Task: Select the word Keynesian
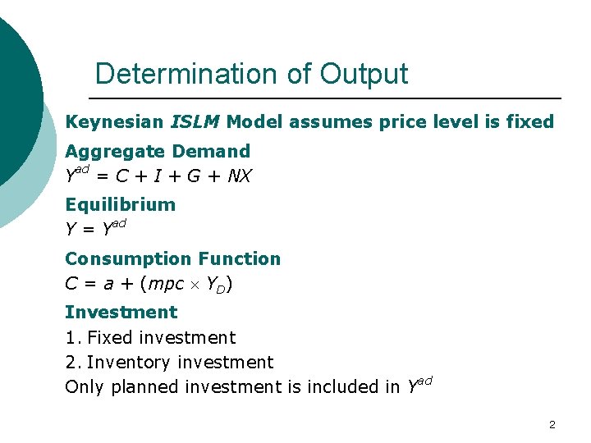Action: point(114,122)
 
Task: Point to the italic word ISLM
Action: point(195,122)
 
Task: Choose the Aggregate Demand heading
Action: point(158,151)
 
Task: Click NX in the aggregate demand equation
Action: point(240,176)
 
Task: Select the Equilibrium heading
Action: point(120,204)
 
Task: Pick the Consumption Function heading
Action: point(172,258)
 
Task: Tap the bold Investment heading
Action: point(121,312)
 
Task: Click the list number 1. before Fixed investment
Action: point(72,337)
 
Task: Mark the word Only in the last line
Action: point(82,386)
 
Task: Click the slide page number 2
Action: point(552,425)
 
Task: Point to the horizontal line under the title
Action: point(328,98)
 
